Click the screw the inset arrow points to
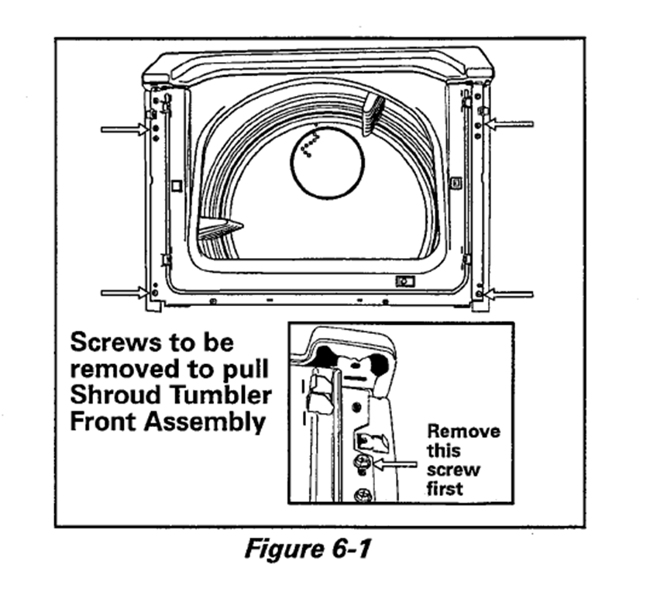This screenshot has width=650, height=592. tap(361, 464)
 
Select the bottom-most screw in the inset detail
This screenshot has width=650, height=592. tap(360, 494)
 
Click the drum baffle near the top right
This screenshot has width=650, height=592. tap(373, 112)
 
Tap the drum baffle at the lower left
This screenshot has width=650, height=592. tap(219, 229)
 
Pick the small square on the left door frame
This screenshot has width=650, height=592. tap(177, 185)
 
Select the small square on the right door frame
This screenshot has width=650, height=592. tap(456, 183)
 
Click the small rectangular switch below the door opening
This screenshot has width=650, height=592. tap(404, 281)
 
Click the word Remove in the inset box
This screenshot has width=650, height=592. tap(463, 432)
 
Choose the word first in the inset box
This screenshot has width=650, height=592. tap(445, 488)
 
